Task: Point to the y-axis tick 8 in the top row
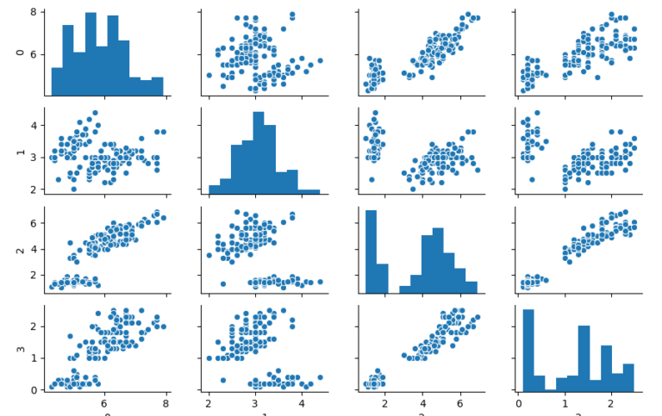point(32,12)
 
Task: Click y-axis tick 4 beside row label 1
point(32,125)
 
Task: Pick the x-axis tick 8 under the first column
point(166,401)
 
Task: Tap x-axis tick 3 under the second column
point(255,401)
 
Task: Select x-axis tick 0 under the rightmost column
point(518,401)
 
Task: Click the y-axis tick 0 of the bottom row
point(32,389)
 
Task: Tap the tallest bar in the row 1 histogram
point(259,151)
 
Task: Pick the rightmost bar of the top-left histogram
point(157,85)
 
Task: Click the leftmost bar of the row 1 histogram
point(214,189)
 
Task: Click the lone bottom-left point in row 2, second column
point(223,283)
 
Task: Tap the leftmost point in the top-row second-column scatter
point(209,75)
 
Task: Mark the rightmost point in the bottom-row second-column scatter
point(320,377)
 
